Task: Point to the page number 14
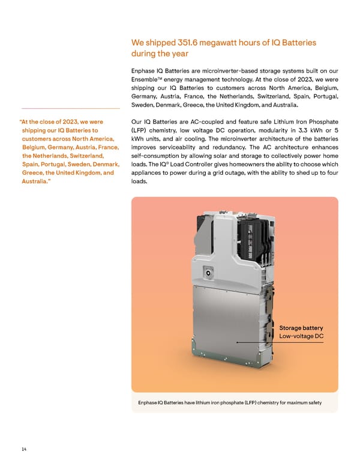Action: [x=23, y=449]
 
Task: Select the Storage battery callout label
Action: [x=301, y=327]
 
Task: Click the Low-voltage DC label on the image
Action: [x=301, y=336]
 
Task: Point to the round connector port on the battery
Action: [x=210, y=272]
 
